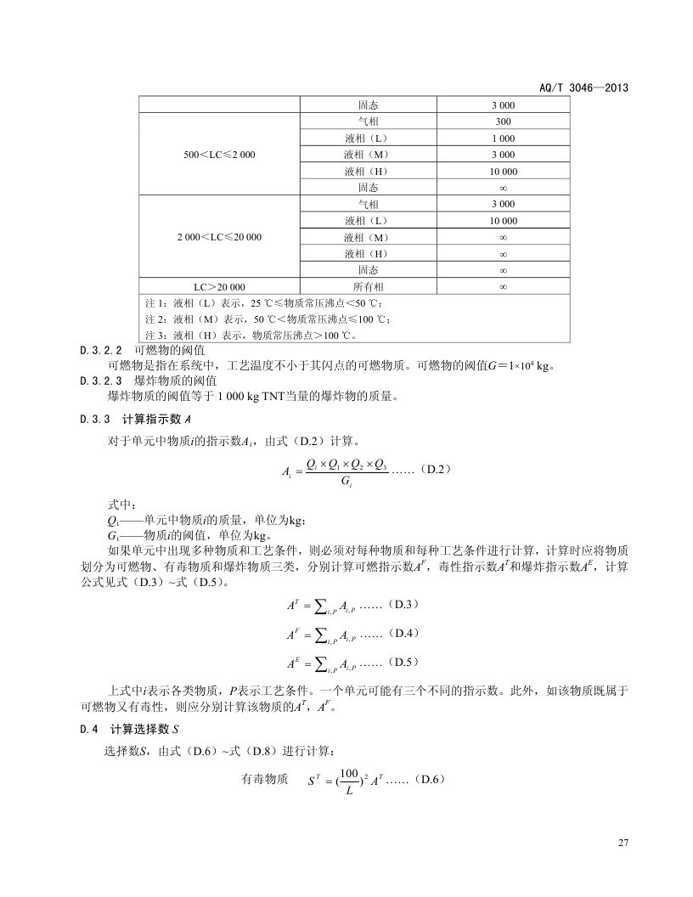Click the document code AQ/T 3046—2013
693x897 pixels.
tap(585, 87)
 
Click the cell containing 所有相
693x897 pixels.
tap(368, 287)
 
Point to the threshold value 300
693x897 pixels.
tap(503, 121)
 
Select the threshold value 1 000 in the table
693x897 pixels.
tap(503, 138)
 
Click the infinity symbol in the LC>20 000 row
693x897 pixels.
tap(503, 287)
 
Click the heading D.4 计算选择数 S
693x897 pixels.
tap(129, 728)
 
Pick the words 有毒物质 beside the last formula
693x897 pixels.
tap(265, 779)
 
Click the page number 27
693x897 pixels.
tap(623, 843)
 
